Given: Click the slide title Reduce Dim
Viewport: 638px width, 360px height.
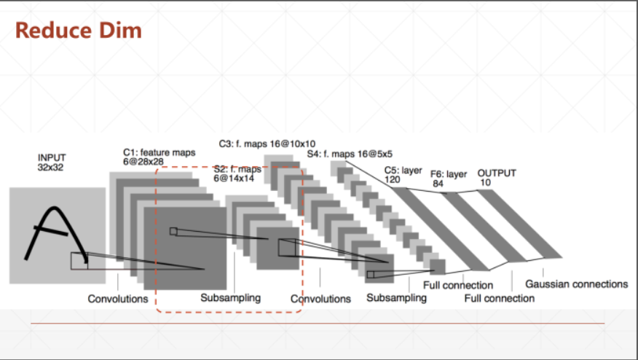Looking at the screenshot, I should [x=78, y=31].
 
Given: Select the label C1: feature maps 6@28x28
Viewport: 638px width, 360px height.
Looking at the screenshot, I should [x=159, y=157].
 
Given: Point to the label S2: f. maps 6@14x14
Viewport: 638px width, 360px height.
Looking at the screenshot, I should [x=237, y=173].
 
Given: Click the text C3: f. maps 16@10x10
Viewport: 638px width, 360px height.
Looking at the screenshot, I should [x=267, y=143].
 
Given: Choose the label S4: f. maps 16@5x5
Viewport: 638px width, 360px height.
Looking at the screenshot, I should [x=350, y=154].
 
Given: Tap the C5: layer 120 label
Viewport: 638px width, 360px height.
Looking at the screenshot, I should [x=403, y=174].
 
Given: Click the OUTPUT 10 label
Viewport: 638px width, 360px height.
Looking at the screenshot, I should [x=497, y=177].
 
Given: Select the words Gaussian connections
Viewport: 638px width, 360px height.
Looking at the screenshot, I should [x=576, y=284].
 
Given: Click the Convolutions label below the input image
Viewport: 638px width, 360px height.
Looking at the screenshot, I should [x=118, y=299].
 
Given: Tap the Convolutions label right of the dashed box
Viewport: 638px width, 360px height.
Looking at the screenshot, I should [x=320, y=299].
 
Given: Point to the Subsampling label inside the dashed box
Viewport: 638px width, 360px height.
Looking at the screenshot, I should [x=230, y=298].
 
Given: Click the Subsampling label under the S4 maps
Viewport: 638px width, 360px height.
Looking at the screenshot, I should [x=396, y=298].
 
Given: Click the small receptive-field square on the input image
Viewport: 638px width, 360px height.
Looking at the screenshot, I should [x=79, y=260].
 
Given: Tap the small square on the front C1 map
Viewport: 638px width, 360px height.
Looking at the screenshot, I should [x=173, y=231].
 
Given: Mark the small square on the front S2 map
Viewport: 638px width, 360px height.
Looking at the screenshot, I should [x=287, y=248].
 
